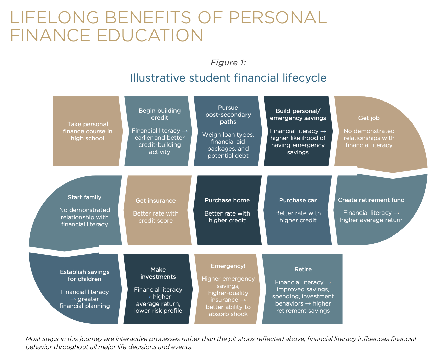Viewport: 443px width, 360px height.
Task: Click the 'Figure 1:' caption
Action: click(228, 63)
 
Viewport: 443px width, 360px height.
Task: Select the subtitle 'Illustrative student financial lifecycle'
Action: click(228, 78)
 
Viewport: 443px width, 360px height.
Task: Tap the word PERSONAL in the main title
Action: click(278, 17)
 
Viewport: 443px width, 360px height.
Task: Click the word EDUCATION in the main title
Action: click(150, 35)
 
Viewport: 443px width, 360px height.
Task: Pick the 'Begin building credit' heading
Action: click(160, 114)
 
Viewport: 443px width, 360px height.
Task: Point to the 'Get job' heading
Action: click(369, 118)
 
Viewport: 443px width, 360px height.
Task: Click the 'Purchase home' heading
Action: click(227, 200)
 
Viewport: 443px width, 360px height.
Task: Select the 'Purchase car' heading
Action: click(298, 200)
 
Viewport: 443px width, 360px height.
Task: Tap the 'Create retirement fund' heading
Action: click(371, 200)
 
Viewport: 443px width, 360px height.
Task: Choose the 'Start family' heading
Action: click(85, 197)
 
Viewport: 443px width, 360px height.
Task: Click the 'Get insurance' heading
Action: click(156, 201)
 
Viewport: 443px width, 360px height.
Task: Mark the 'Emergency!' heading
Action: click(228, 266)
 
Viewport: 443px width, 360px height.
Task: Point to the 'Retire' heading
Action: click(303, 269)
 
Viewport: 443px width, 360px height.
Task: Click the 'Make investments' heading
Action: click(158, 273)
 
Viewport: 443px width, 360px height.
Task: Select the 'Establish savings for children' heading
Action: click(85, 275)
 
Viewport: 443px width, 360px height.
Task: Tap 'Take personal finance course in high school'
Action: click(88, 131)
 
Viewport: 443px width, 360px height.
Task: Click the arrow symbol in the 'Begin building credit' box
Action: click(185, 131)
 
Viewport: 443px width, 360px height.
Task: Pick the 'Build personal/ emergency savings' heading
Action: click(298, 114)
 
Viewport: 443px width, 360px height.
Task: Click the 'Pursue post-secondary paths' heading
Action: click(228, 115)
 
